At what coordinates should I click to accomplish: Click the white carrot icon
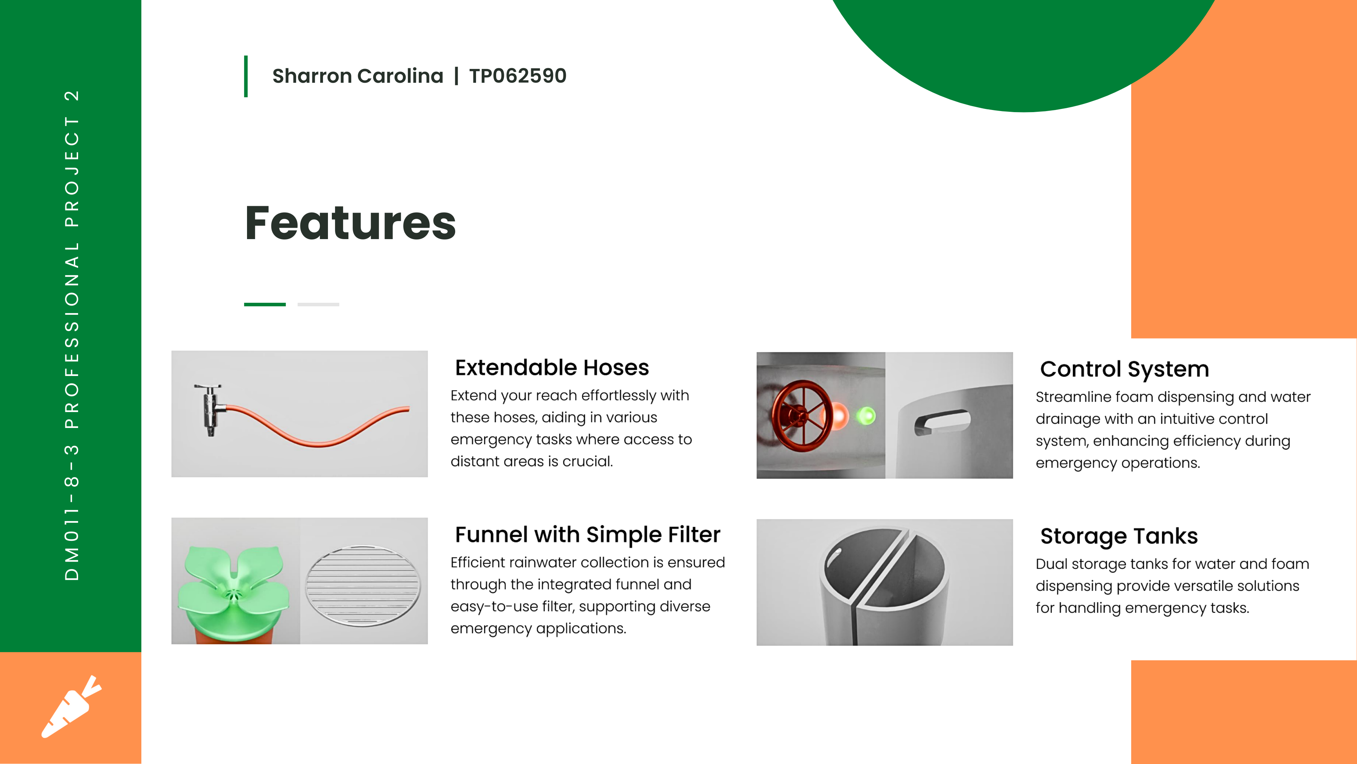pyautogui.click(x=71, y=707)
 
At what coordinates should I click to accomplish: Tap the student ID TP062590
pyautogui.click(x=518, y=76)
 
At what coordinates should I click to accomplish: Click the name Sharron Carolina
pyautogui.click(x=358, y=76)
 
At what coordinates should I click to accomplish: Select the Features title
pyautogui.click(x=350, y=223)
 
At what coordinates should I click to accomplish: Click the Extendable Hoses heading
pyautogui.click(x=552, y=367)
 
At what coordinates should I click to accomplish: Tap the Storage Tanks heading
pyautogui.click(x=1119, y=536)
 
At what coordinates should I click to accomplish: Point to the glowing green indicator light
pyautogui.click(x=865, y=416)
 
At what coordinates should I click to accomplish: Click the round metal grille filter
pyautogui.click(x=363, y=585)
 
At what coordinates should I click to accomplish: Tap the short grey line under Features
pyautogui.click(x=318, y=304)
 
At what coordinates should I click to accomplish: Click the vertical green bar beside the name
pyautogui.click(x=246, y=76)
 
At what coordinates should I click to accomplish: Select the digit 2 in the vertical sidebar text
pyautogui.click(x=72, y=96)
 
